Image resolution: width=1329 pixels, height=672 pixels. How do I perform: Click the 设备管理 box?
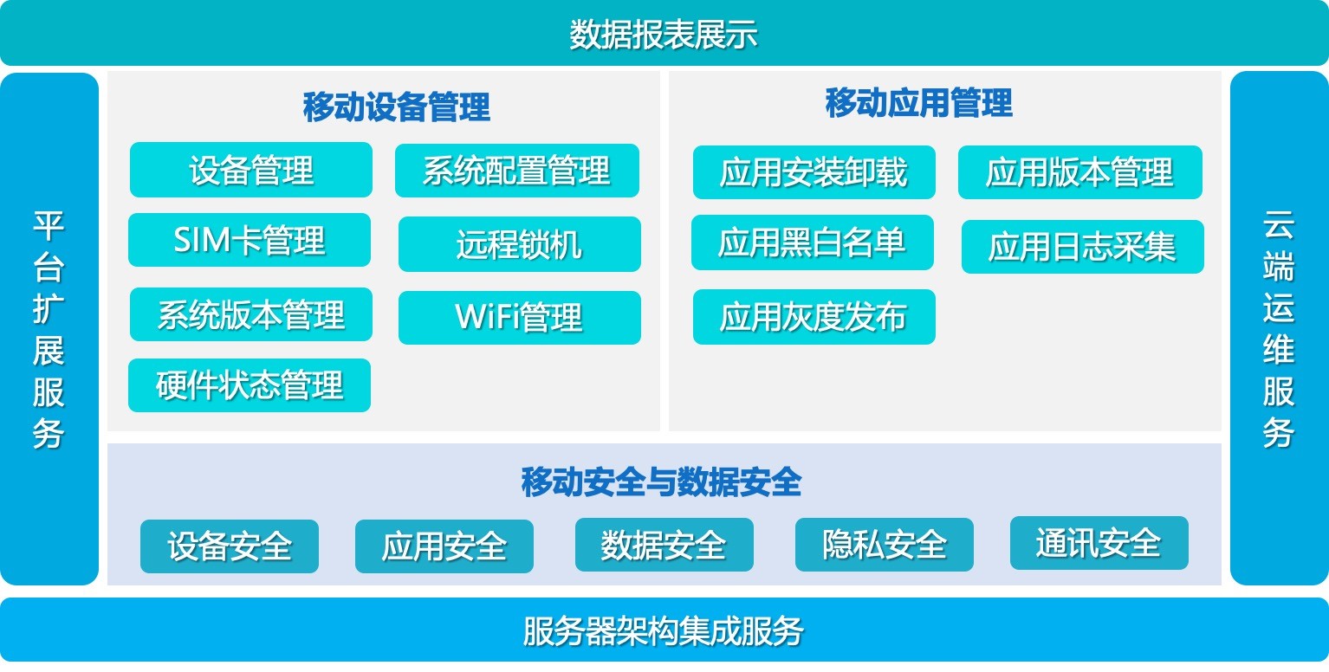pyautogui.click(x=251, y=170)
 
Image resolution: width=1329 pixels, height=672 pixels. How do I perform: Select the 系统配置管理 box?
pyautogui.click(x=516, y=171)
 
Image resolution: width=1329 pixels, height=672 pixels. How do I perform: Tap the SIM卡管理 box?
pyautogui.click(x=250, y=240)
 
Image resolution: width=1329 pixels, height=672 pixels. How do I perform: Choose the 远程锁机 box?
pyautogui.click(x=520, y=243)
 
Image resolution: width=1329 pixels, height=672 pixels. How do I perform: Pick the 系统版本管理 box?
pyautogui.click(x=251, y=314)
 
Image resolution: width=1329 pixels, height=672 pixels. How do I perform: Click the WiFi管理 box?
pyautogui.click(x=520, y=317)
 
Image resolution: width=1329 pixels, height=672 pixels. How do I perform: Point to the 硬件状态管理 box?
pyautogui.click(x=250, y=385)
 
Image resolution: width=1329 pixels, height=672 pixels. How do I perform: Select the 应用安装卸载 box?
pyautogui.click(x=814, y=172)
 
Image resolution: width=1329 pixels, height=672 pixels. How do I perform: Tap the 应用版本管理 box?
pyautogui.click(x=1079, y=172)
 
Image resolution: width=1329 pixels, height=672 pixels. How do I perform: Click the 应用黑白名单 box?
pyautogui.click(x=813, y=242)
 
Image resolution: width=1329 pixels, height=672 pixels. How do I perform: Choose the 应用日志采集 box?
pyautogui.click(x=1083, y=247)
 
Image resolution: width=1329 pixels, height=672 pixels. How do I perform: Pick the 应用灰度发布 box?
pyautogui.click(x=814, y=317)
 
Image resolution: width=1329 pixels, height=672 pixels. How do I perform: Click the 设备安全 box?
pyautogui.click(x=230, y=546)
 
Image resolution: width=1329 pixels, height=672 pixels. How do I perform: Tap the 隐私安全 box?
pyautogui.click(x=884, y=545)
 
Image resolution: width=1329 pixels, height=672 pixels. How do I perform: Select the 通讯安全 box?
pyautogui.click(x=1099, y=543)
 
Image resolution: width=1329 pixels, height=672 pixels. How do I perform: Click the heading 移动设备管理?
pyautogui.click(x=396, y=107)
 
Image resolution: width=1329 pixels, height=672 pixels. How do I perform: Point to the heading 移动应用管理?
pyautogui.click(x=918, y=103)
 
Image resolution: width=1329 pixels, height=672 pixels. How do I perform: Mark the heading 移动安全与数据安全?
pyautogui.click(x=661, y=481)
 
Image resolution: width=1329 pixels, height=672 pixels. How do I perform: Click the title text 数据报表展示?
pyautogui.click(x=664, y=35)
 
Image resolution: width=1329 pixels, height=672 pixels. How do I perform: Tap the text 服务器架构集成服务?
pyautogui.click(x=664, y=631)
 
